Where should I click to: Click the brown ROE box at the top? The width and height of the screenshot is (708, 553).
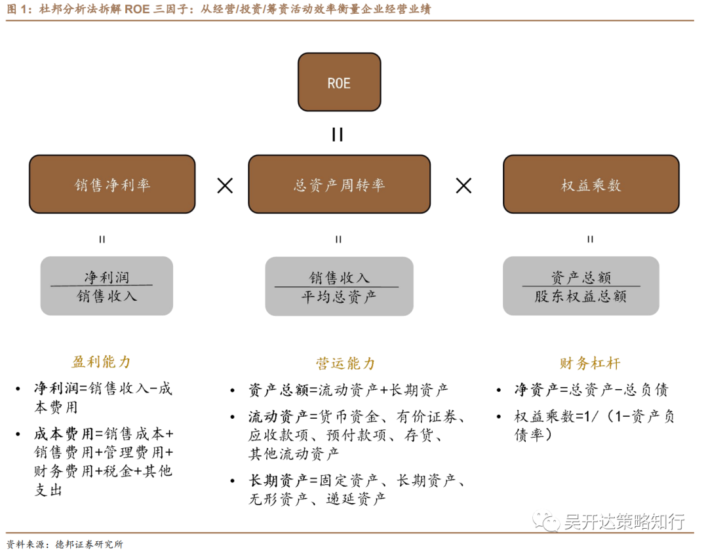point(339,82)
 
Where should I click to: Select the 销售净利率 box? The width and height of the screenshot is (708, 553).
point(112,184)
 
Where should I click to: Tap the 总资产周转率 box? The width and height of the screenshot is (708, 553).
point(339,184)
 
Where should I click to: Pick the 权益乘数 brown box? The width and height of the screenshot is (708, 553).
point(591,184)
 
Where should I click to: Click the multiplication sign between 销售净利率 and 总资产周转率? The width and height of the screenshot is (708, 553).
point(225,185)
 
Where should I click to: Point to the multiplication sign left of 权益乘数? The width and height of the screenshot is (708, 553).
point(463,185)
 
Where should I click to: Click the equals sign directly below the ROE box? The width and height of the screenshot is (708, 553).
point(338,135)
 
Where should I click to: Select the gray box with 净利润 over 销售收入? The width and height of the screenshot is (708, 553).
point(107,286)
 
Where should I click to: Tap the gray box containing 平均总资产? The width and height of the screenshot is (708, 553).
point(339,286)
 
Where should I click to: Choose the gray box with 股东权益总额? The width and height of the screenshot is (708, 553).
point(581,286)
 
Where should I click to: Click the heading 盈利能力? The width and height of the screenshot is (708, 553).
point(102,362)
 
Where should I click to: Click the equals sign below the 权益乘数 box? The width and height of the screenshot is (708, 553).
point(590,239)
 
